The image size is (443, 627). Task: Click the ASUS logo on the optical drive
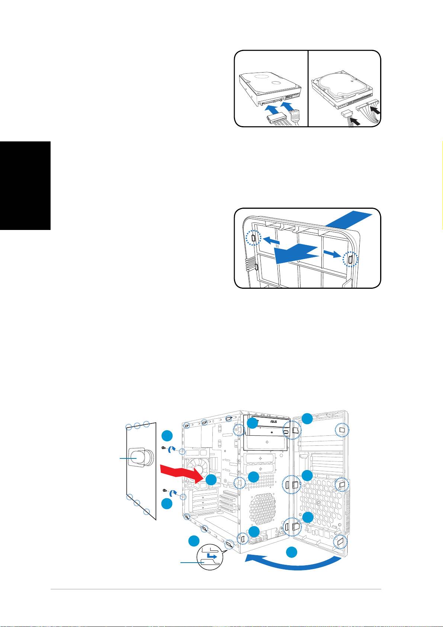pos(274,421)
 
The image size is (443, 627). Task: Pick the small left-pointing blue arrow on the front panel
pos(272,240)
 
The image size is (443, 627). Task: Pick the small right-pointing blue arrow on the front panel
pos(332,254)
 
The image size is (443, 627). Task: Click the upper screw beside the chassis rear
pos(164,448)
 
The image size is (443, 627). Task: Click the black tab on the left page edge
pos(25,186)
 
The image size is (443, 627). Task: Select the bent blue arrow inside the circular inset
pos(212,556)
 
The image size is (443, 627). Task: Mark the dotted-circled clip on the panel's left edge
pos(253,238)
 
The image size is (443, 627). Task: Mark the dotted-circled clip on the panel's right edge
pos(350,259)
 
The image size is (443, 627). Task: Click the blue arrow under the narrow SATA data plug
pos(288,106)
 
